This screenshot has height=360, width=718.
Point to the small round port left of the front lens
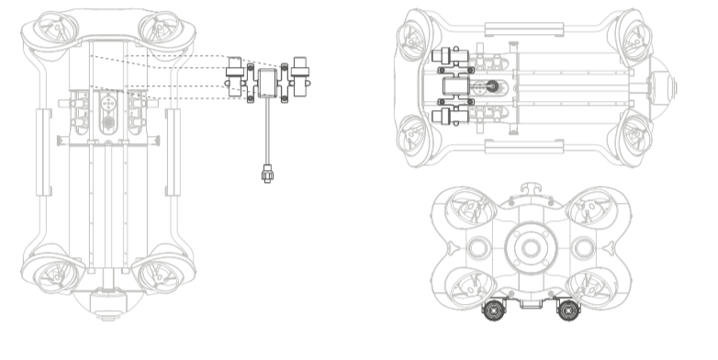click(x=478, y=249)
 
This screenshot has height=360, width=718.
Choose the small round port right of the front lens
click(x=581, y=249)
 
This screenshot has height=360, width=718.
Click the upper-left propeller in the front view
click(x=472, y=210)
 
